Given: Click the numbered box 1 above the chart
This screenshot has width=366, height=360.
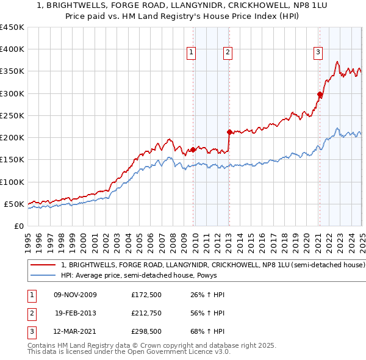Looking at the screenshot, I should pos(191,53).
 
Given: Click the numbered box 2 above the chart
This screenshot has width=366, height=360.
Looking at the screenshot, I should pos(227,53).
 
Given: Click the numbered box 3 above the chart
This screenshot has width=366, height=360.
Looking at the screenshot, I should pos(318,53).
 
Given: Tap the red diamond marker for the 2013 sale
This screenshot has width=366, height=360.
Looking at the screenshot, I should pos(229,132).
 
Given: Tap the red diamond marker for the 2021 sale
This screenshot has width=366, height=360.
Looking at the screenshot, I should pos(319,94).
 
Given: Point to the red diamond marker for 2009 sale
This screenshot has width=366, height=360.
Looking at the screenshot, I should pos(193,149).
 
